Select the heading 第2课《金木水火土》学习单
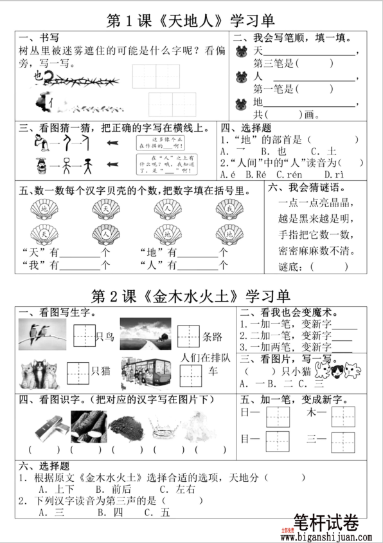[x=191, y=297]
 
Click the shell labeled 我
[x=228, y=209]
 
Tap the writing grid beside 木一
[x=343, y=416]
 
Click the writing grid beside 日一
[x=278, y=416]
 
